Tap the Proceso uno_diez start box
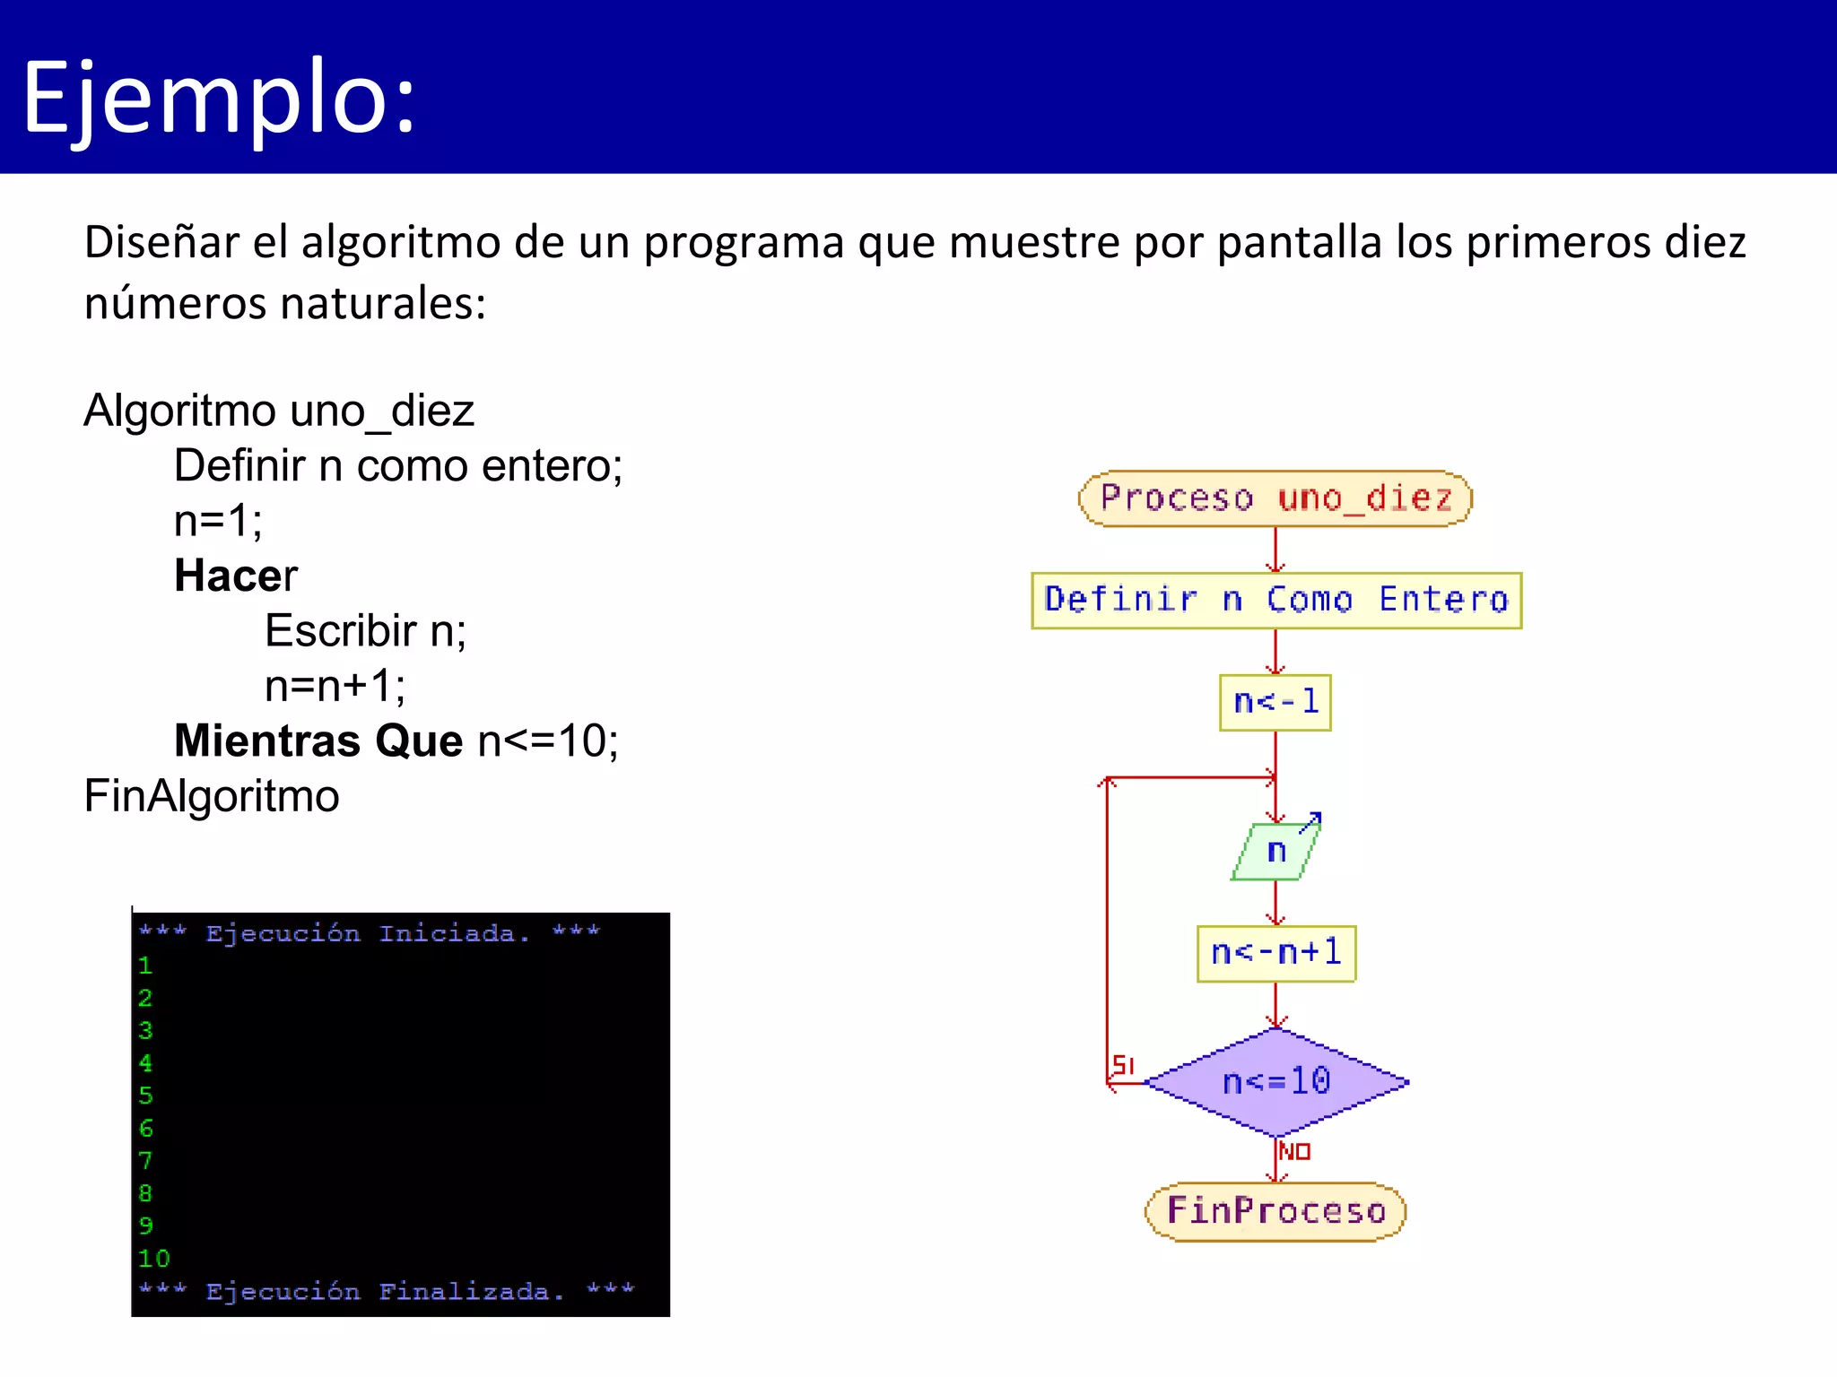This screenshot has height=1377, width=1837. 1275,498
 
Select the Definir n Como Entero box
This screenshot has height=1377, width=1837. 1275,600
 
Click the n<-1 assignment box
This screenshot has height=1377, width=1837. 1275,702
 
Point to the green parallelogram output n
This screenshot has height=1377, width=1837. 1275,851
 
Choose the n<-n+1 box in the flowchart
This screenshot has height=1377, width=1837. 1275,953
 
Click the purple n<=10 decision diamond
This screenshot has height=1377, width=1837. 1275,1082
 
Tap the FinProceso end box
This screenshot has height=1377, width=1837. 1275,1211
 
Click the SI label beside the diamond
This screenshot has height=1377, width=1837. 1123,1065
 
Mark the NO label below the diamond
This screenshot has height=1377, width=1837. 1294,1151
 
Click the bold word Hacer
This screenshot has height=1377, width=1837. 235,576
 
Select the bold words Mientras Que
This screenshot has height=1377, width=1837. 318,740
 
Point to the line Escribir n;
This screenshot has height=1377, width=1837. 365,630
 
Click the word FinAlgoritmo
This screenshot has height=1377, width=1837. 212,796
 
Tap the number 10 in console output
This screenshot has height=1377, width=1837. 153,1259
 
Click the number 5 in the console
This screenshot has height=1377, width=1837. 145,1096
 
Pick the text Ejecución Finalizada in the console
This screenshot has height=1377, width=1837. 385,1292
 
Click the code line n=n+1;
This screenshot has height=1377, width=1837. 335,686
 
